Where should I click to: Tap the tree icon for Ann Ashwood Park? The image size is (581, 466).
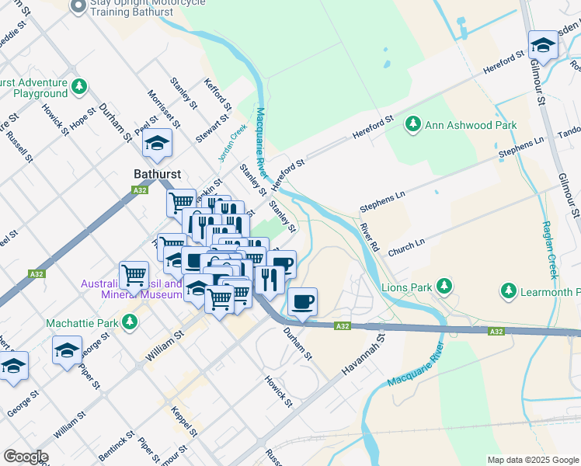point(413,124)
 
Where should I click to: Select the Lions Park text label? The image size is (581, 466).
point(406,287)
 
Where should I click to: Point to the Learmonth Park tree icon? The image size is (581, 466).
point(508,291)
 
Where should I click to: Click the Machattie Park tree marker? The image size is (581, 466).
point(130,322)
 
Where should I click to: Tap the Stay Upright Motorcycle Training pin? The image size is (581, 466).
point(78,6)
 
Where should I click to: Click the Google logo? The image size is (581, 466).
point(26,457)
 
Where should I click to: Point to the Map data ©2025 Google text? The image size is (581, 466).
point(533,460)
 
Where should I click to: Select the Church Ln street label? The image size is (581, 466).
point(407,246)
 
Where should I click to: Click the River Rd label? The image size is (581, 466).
point(369,237)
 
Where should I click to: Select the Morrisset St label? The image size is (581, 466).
point(164,109)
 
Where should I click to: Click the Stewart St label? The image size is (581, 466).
point(212,128)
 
